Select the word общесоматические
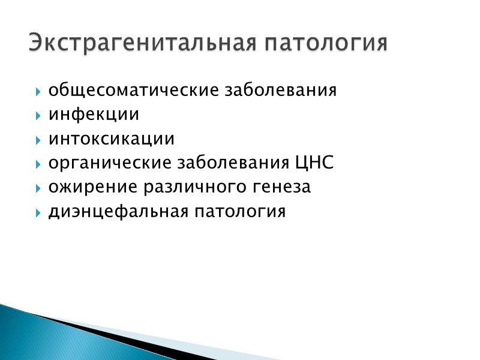[x=133, y=91]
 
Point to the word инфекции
[x=94, y=115]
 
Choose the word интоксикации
[x=112, y=139]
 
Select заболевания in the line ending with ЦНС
[x=232, y=163]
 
